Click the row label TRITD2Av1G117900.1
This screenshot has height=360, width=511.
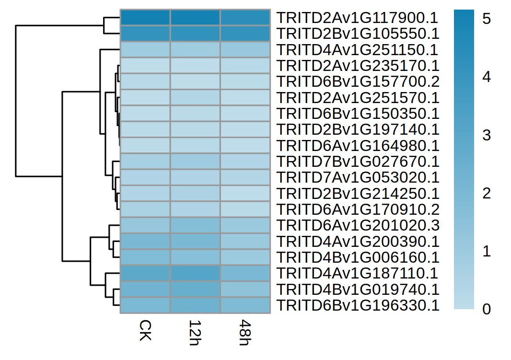tap(358, 18)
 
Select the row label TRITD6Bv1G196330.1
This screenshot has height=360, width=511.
tap(358, 305)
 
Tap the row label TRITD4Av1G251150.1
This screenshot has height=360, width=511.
tap(358, 50)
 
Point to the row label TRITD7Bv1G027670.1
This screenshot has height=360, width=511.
tap(358, 162)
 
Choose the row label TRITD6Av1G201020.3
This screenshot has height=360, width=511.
tap(358, 225)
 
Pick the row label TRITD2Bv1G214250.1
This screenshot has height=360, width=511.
tap(358, 194)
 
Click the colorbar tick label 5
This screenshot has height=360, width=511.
tap(487, 19)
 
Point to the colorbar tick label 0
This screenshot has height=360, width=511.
tap(487, 309)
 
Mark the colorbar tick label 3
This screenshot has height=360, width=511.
tap(487, 135)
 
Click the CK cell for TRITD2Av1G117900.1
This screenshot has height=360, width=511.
tap(145, 18)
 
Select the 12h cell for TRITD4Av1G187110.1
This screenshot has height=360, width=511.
tap(195, 273)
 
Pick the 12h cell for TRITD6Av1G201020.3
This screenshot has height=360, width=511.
tap(195, 225)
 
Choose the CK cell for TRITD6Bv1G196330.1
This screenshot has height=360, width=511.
tap(145, 305)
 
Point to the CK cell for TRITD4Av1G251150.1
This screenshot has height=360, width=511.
tap(145, 50)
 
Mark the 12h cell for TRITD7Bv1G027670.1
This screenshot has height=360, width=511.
tap(195, 162)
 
